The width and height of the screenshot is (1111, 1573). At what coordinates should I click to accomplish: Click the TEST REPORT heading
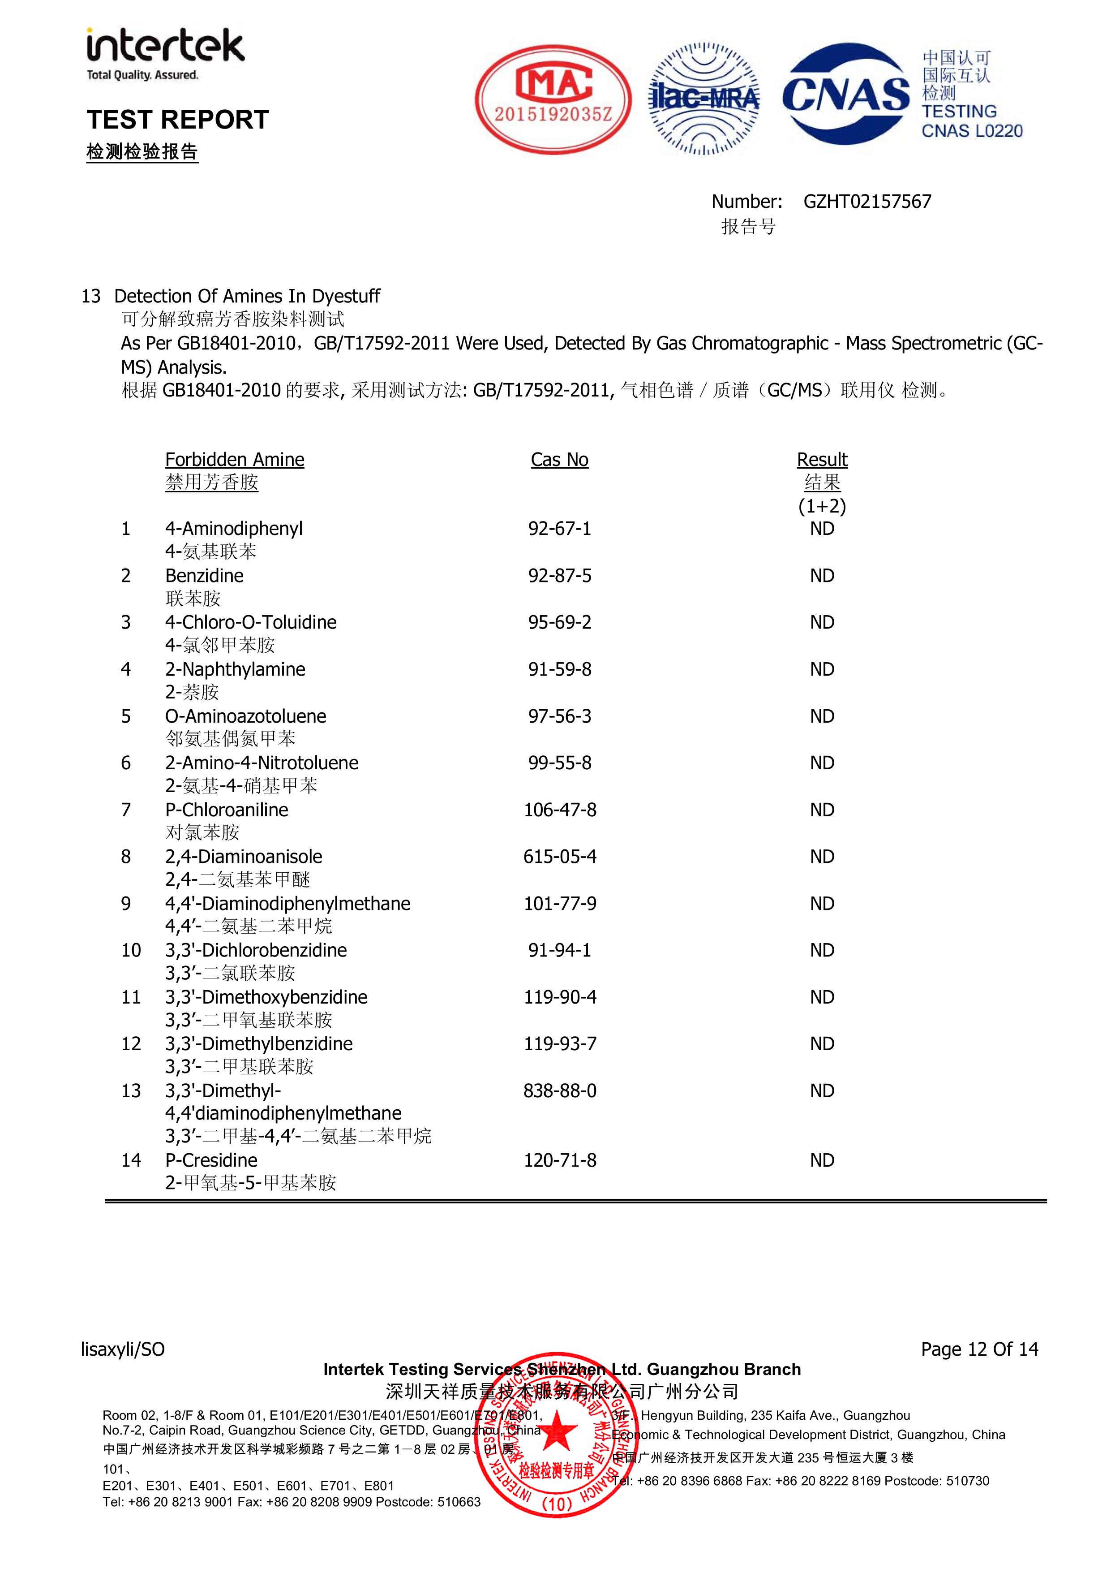pos(177,120)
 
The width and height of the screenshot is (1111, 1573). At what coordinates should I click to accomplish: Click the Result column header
pos(822,460)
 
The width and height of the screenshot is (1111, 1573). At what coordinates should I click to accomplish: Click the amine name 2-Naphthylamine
pos(235,669)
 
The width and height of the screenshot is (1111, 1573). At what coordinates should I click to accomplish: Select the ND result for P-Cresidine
pos(822,1160)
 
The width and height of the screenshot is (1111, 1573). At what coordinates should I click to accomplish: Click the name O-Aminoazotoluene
pos(245,716)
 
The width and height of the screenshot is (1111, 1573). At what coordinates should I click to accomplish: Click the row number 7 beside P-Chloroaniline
pos(126,810)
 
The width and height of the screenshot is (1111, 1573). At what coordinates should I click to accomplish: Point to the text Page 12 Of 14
pos(979,1349)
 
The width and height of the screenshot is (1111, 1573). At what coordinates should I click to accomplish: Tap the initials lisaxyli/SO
pos(123,1349)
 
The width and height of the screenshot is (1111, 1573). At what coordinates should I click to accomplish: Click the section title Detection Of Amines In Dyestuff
pos(247,296)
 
